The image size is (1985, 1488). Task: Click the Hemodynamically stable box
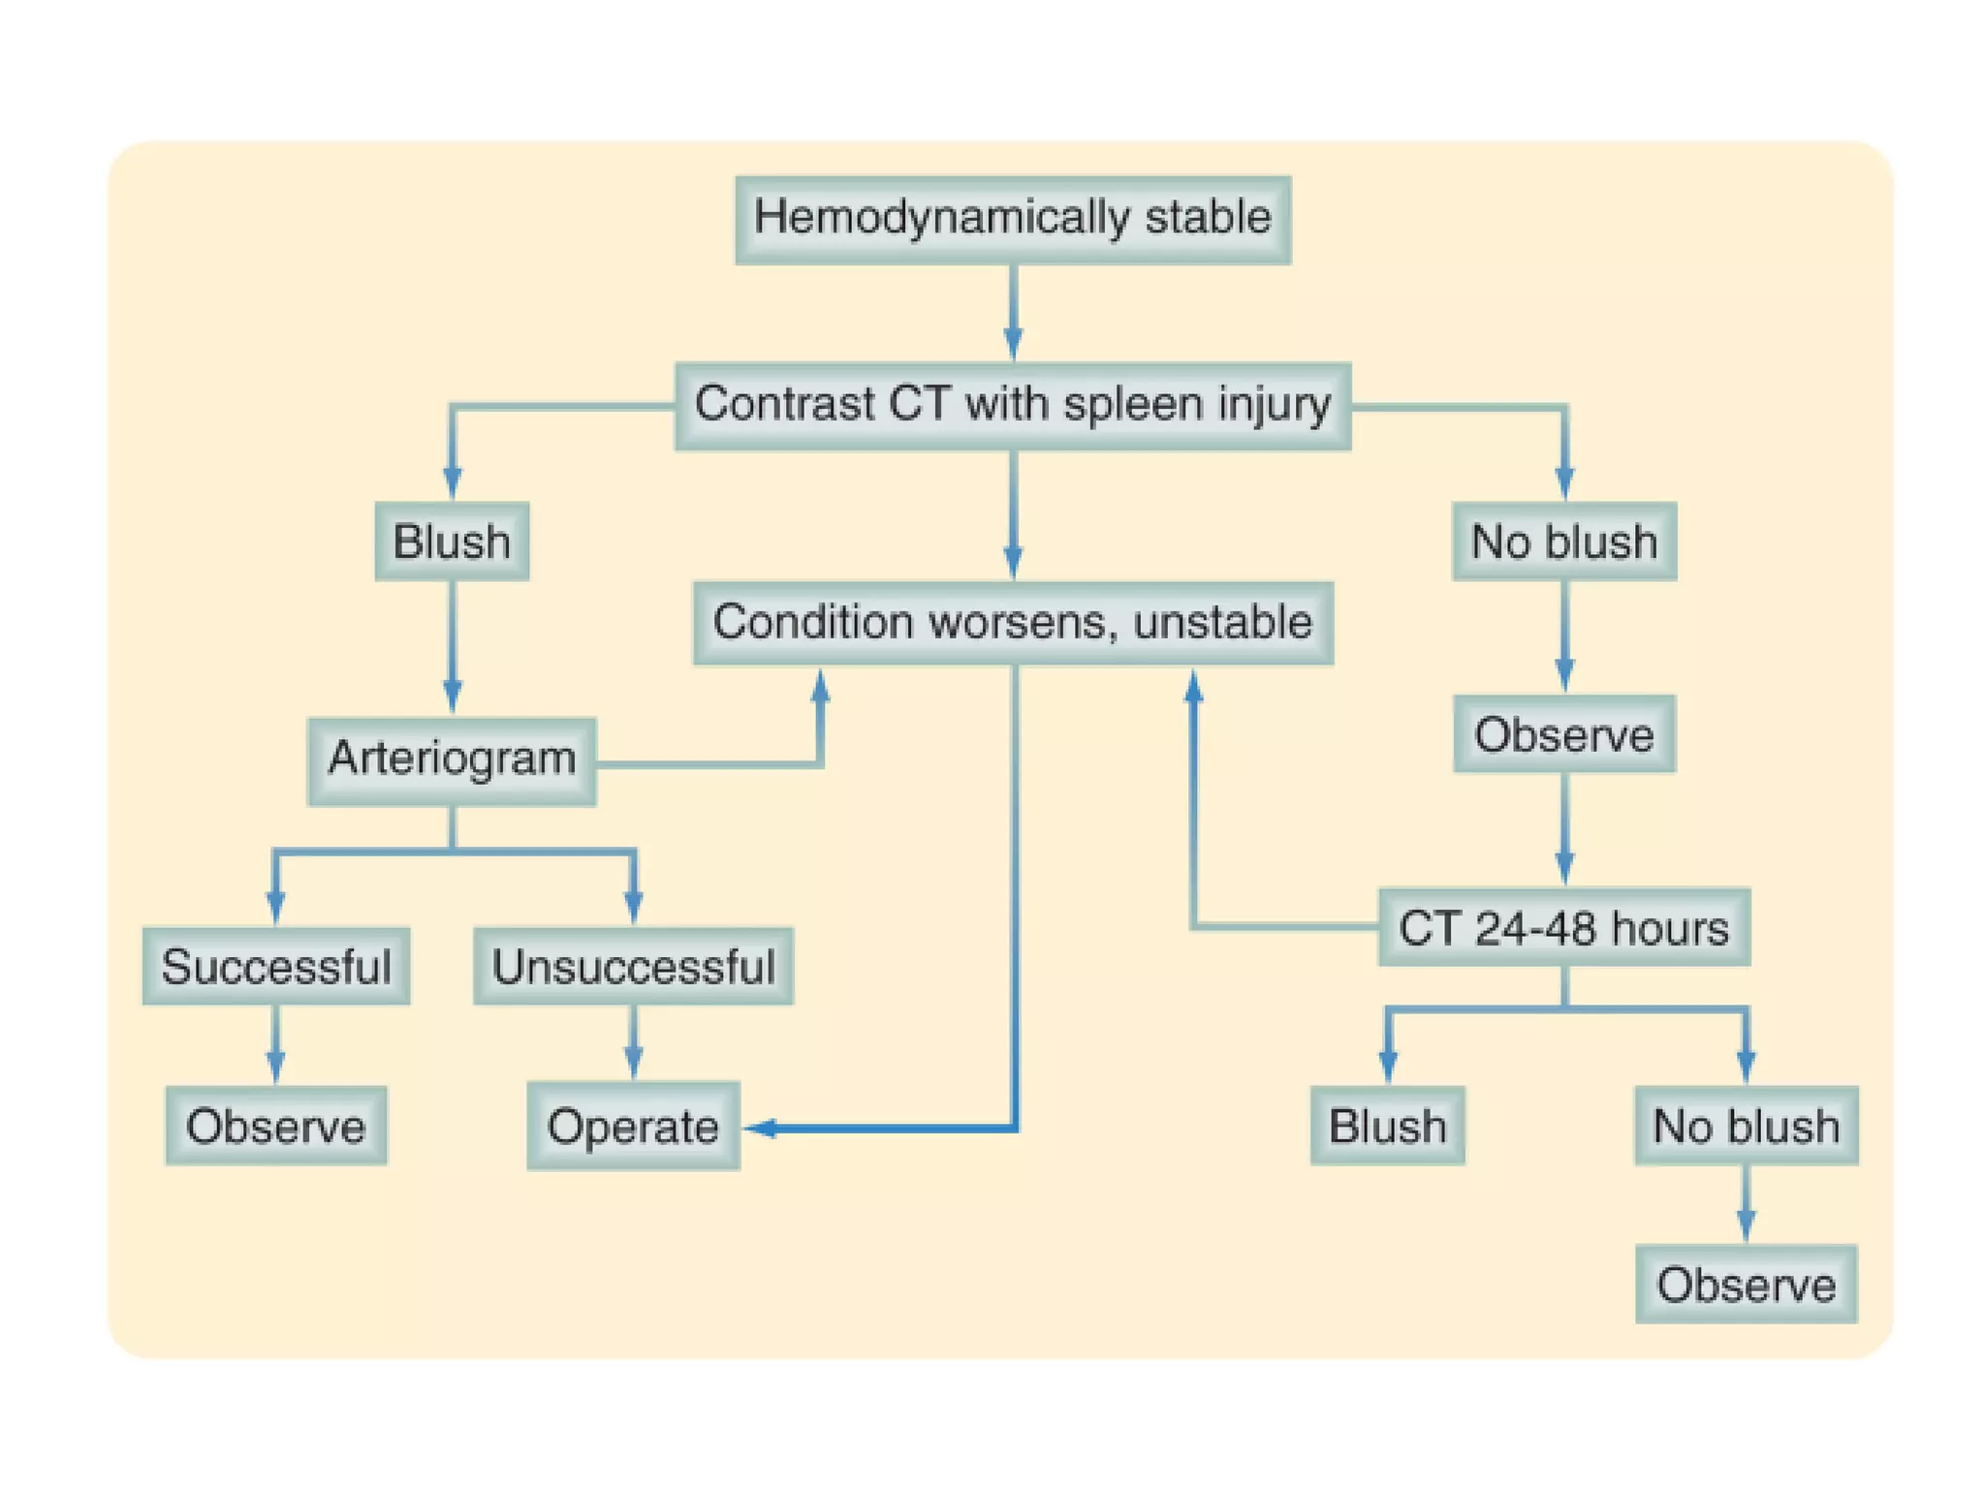(x=1012, y=219)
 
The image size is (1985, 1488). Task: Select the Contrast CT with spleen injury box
(x=1012, y=405)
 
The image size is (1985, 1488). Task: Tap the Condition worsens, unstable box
(x=1012, y=623)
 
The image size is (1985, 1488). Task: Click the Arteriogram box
(x=452, y=760)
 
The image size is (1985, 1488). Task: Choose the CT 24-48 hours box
(x=1563, y=927)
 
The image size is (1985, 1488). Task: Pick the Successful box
(x=276, y=966)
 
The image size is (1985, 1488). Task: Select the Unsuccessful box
(x=633, y=966)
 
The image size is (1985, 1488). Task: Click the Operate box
(x=633, y=1126)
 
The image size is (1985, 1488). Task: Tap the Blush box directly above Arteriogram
(x=452, y=541)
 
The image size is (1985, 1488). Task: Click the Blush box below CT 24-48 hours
(x=1387, y=1126)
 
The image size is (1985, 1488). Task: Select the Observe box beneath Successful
(x=276, y=1126)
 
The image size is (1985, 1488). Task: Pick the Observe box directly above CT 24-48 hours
(x=1563, y=734)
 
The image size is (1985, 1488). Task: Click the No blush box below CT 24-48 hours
(x=1746, y=1126)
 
